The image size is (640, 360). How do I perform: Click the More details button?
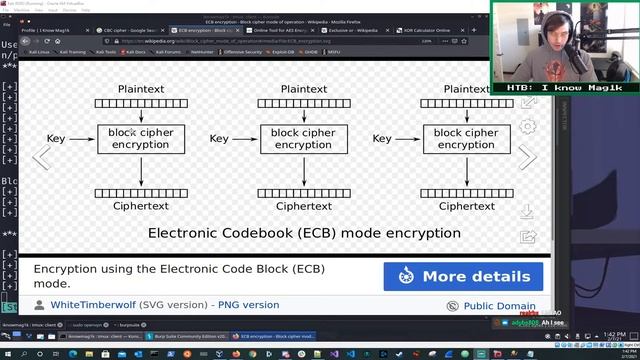pos(463,276)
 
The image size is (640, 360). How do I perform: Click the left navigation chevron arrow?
pos(41,158)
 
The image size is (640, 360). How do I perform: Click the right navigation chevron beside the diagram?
pos(527,158)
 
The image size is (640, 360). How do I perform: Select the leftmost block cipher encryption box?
pos(141,139)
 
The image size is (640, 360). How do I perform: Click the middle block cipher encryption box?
pos(303,139)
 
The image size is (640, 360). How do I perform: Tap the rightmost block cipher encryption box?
pos(466,139)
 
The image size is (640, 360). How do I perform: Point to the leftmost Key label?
pos(57,139)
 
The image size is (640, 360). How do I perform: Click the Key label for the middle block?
pos(220,139)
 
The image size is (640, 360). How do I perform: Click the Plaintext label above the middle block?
pos(303,89)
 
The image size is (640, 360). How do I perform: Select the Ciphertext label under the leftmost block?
pos(141,206)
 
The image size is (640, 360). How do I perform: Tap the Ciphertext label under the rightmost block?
pos(466,206)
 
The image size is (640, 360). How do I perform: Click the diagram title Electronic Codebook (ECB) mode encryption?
pos(304,233)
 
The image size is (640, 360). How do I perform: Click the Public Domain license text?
pos(499,306)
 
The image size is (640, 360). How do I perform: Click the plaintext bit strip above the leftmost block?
pos(141,104)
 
